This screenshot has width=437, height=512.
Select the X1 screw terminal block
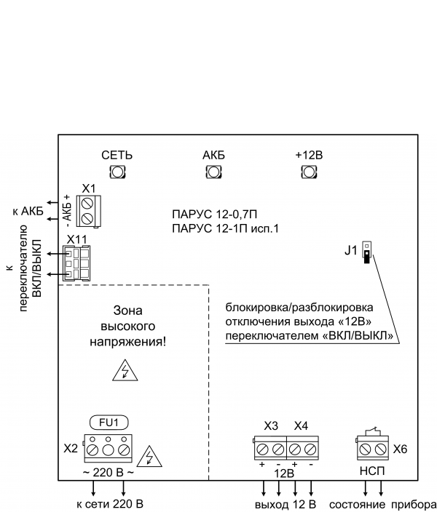(89, 209)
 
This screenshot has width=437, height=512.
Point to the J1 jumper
(366, 252)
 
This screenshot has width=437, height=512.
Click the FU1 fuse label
(109, 421)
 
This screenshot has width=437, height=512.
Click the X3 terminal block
(270, 448)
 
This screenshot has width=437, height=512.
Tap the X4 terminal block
(303, 448)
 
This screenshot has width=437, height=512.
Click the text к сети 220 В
(110, 504)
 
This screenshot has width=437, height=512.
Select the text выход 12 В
(286, 504)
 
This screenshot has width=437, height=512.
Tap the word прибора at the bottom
(413, 504)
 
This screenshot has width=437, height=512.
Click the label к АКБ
(28, 212)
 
